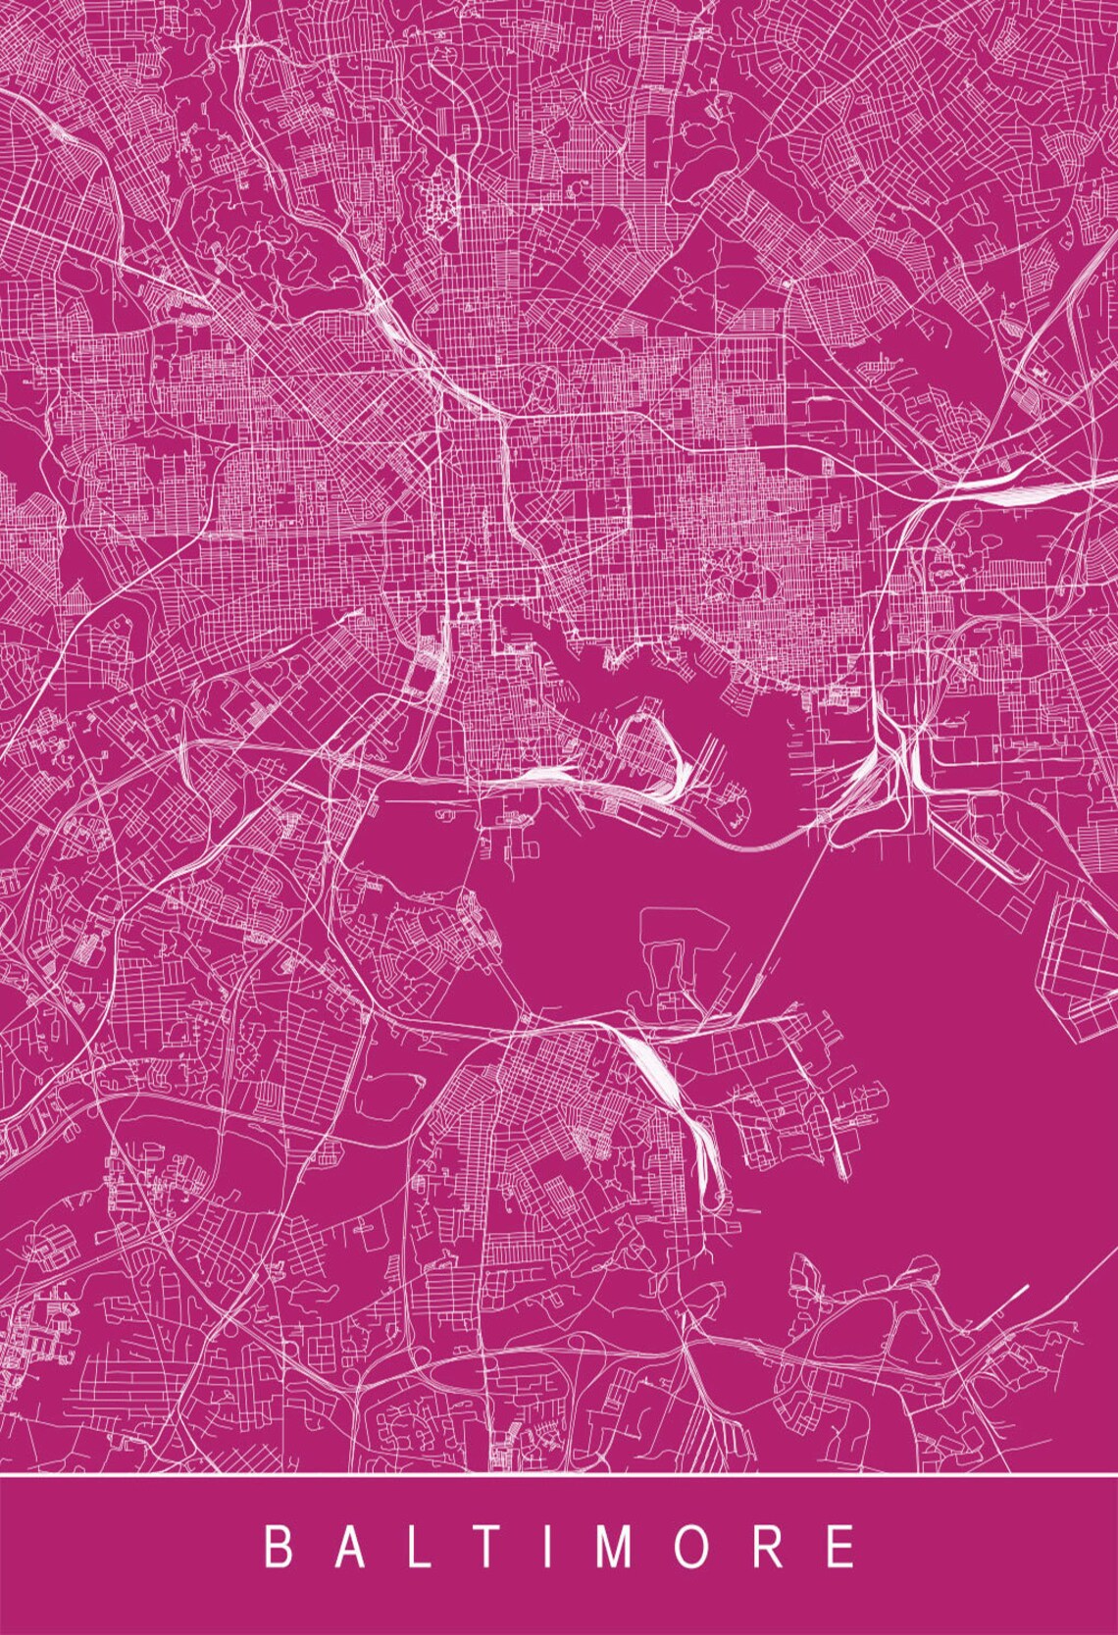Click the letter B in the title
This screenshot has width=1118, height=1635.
click(x=279, y=1547)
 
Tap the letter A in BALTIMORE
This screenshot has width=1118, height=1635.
click(x=360, y=1547)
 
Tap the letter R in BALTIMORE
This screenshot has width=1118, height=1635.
click(x=774, y=1547)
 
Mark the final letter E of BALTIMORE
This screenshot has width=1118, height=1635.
click(x=840, y=1547)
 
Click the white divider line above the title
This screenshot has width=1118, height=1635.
click(x=559, y=1475)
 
